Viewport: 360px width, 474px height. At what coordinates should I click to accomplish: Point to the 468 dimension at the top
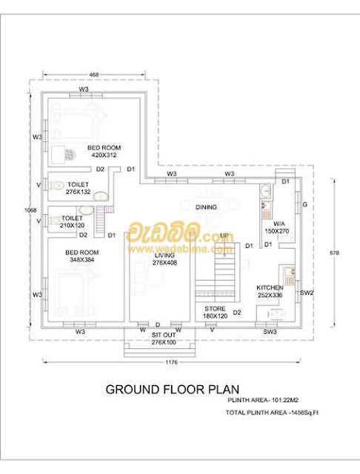(94, 75)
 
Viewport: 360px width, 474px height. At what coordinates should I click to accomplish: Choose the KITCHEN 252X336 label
(270, 291)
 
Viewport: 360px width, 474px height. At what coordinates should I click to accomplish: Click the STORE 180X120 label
(216, 313)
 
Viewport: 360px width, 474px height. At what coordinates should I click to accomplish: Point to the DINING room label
(206, 207)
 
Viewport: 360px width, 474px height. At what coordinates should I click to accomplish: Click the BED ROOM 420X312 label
(105, 152)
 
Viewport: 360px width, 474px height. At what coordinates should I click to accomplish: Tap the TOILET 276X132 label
(78, 187)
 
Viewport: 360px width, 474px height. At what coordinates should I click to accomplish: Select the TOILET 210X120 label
(72, 221)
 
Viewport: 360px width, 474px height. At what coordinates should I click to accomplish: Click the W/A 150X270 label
(279, 226)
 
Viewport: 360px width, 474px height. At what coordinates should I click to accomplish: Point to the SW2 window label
(307, 293)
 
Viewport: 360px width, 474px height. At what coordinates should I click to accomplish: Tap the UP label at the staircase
(224, 236)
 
